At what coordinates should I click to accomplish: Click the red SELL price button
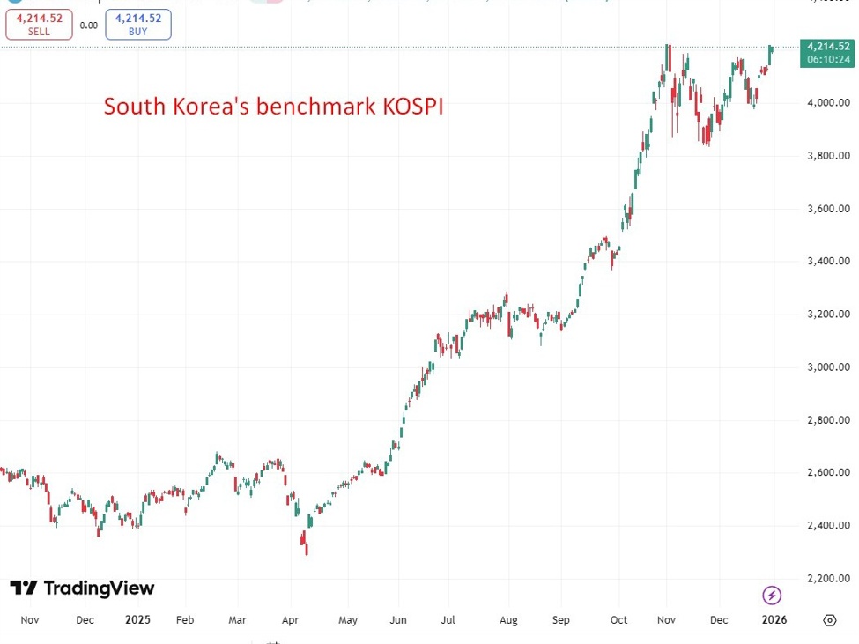click(39, 25)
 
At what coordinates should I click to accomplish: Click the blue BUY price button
click(138, 25)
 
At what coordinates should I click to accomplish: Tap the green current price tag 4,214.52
click(827, 52)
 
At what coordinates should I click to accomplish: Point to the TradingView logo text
click(98, 588)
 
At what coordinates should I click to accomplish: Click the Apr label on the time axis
click(291, 619)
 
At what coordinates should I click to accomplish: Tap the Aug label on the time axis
click(509, 619)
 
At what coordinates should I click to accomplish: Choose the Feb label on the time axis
click(184, 619)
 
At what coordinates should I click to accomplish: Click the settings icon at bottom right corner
click(829, 620)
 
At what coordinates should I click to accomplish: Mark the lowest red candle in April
click(306, 548)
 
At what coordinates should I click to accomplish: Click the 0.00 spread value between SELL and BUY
click(88, 26)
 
